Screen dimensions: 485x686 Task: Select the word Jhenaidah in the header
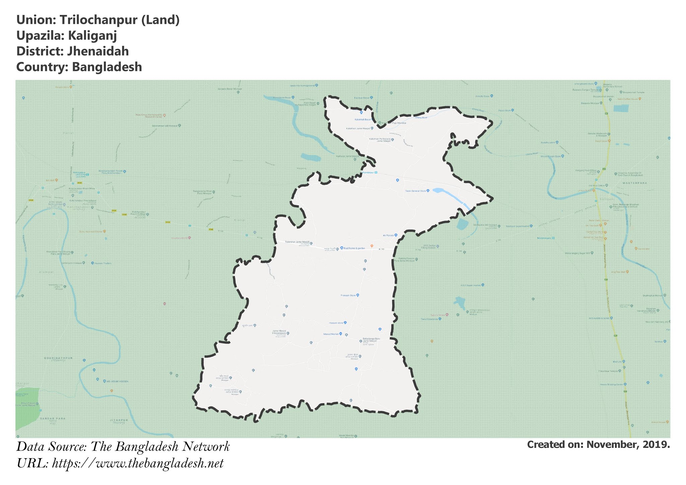tap(98, 51)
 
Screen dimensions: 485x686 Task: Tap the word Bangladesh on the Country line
tap(107, 67)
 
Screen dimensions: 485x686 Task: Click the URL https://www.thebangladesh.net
tap(138, 464)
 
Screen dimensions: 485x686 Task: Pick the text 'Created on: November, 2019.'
tap(598, 444)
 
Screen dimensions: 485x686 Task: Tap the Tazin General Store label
tap(415, 191)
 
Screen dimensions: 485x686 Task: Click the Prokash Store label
tap(348, 295)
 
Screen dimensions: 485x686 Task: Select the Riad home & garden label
tap(354, 248)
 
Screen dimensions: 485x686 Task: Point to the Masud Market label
tap(331, 334)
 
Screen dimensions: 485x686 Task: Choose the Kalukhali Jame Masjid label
tap(358, 128)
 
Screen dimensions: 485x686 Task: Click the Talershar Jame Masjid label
tap(297, 242)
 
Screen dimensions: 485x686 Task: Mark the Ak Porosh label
tap(389, 235)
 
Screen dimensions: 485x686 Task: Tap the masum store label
tap(336, 323)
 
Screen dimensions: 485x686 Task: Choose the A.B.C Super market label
tap(470, 285)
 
